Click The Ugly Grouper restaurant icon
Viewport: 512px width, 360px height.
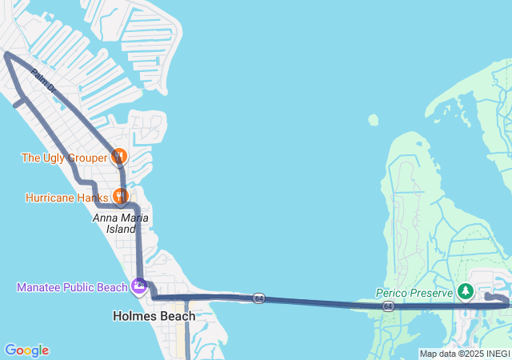(119, 156)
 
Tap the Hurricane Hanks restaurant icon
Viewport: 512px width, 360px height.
(120, 195)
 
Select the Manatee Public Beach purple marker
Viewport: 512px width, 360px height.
(139, 285)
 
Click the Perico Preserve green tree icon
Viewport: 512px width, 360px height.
(465, 291)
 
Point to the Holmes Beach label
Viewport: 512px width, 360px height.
(154, 316)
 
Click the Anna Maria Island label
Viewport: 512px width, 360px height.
(121, 222)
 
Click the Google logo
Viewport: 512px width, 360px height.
(26, 350)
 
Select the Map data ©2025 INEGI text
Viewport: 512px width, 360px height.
(464, 354)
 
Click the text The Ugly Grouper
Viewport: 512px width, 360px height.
(64, 158)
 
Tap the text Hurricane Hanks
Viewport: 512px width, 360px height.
(66, 197)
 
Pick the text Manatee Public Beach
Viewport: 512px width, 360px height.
(72, 287)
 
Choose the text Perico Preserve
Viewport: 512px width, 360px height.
(414, 293)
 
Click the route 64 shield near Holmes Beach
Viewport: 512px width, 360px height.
(258, 298)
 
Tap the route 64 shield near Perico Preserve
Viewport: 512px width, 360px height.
(388, 306)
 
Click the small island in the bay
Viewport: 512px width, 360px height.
(374, 120)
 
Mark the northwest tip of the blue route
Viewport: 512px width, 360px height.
(6, 54)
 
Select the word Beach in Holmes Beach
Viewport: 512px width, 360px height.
(177, 316)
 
